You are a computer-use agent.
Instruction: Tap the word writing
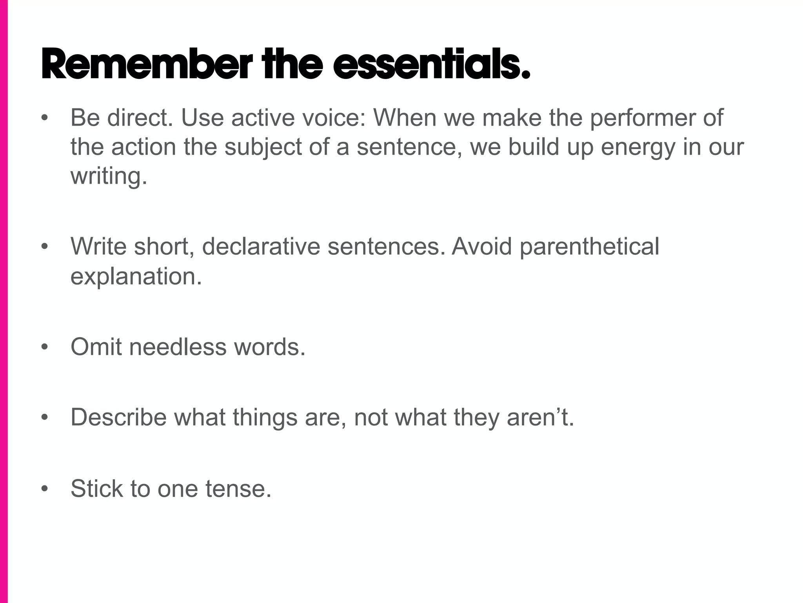109,177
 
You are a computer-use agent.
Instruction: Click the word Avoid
482,247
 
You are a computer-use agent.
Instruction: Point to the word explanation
136,277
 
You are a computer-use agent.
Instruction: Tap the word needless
178,347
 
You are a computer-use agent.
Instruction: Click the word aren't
540,417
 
